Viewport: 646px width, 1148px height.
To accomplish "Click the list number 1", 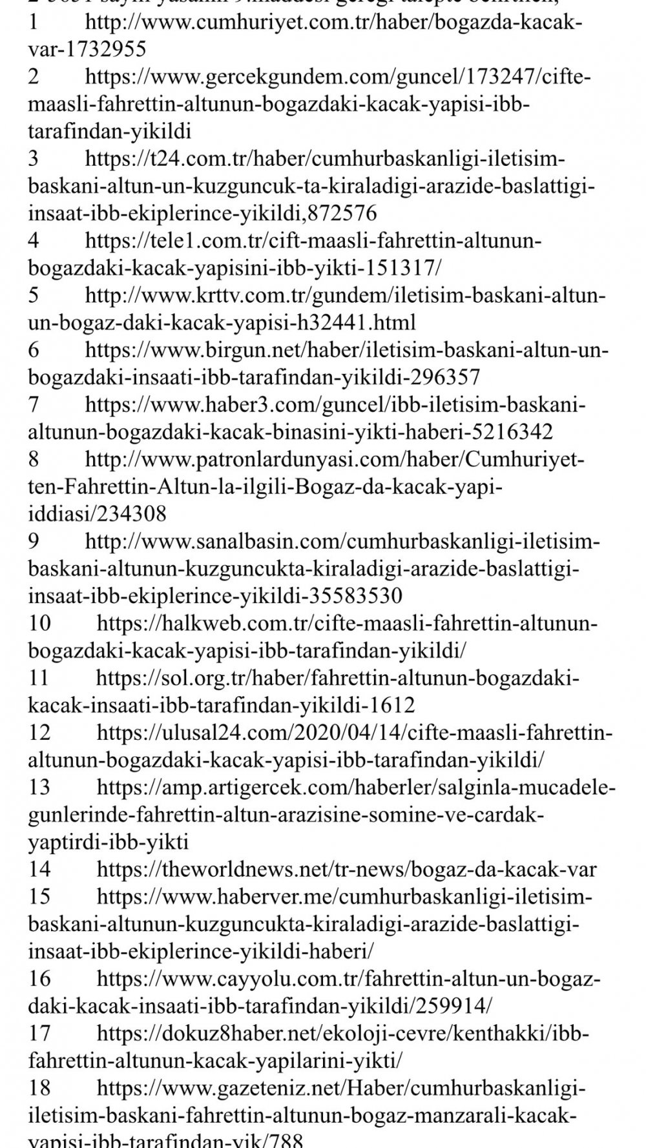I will (x=33, y=23).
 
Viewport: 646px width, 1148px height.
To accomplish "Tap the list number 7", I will (x=33, y=405).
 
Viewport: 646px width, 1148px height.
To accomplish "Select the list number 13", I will (x=39, y=787).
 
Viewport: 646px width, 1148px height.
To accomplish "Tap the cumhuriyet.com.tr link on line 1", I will (x=333, y=23).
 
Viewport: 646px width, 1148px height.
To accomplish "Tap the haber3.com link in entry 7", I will (x=336, y=405).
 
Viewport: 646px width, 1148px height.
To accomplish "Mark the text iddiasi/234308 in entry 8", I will (x=97, y=514).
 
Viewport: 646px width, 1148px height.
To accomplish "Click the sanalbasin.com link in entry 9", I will (x=342, y=541).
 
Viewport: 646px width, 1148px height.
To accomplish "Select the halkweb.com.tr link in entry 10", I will (x=348, y=624).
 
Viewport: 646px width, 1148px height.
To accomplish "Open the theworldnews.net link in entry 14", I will (x=346, y=869).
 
